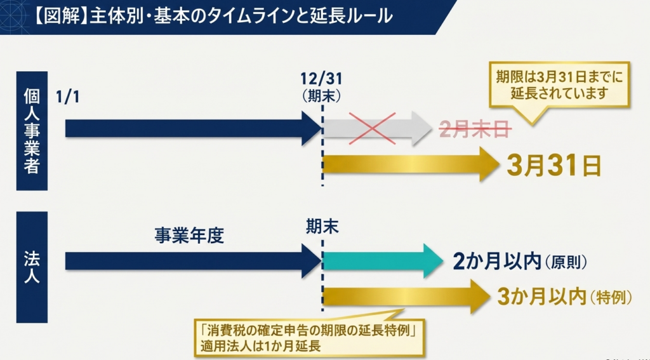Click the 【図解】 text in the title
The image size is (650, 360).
[x=58, y=17]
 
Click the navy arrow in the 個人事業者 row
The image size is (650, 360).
[x=190, y=129]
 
